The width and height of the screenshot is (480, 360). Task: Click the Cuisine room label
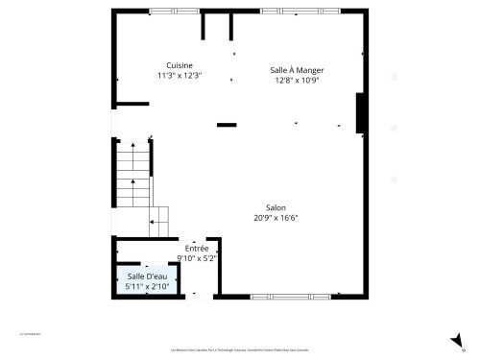coord(180,65)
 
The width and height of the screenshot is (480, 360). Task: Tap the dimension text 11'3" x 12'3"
coord(180,76)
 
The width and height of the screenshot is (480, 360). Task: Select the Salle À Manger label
coord(297,70)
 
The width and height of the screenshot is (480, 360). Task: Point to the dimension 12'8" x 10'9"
coord(297,81)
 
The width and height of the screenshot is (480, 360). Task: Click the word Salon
coord(276,207)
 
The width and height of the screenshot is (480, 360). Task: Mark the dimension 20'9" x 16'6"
coord(276,218)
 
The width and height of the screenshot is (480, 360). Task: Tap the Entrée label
coord(197,248)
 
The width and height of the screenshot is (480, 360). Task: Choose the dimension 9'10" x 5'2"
coord(197,258)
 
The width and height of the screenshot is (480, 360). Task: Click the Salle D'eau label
coord(147,276)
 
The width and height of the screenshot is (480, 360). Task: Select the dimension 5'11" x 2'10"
coord(147,287)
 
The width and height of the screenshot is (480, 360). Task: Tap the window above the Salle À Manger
coord(300,11)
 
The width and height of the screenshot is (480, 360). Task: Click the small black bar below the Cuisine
coord(227,125)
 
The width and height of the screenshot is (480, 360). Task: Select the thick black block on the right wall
coord(360,113)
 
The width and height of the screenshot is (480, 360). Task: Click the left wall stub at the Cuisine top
coord(204,25)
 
